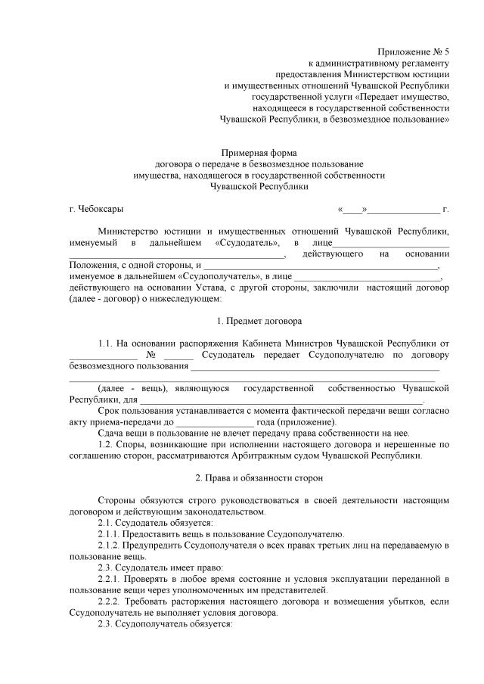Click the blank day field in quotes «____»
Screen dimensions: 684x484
(352, 208)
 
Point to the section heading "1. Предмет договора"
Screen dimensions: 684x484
(259, 320)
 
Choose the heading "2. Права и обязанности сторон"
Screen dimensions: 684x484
(259, 478)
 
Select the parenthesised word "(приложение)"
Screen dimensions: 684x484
(309, 421)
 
